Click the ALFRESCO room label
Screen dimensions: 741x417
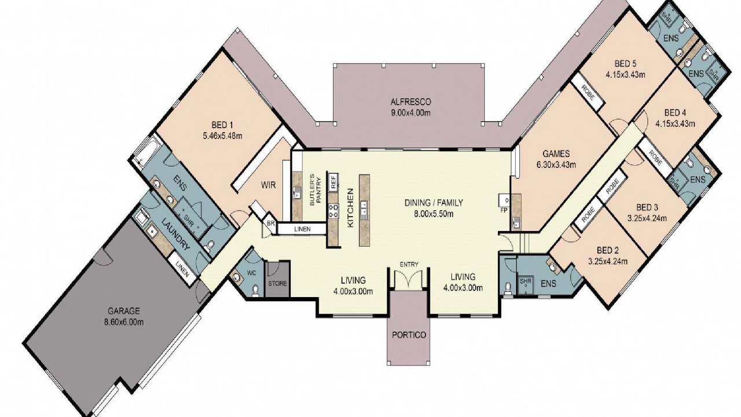pos(410,101)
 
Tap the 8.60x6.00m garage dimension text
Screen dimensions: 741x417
pos(124,322)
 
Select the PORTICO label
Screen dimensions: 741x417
pos(409,335)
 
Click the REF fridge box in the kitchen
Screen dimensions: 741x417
pos(333,181)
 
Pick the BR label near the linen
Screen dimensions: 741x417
pos(270,224)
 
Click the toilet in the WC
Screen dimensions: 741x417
pos(255,290)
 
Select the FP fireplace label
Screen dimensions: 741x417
pos(504,210)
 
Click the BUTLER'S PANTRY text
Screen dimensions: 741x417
pos(316,192)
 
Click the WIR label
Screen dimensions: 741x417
pos(268,185)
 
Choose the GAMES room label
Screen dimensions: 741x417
pos(556,153)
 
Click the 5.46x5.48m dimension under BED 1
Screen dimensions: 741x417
pos(222,136)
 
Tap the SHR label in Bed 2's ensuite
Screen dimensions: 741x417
pos(525,281)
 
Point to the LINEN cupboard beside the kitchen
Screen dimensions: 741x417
pos(302,229)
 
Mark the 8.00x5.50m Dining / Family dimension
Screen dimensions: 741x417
pos(434,214)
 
